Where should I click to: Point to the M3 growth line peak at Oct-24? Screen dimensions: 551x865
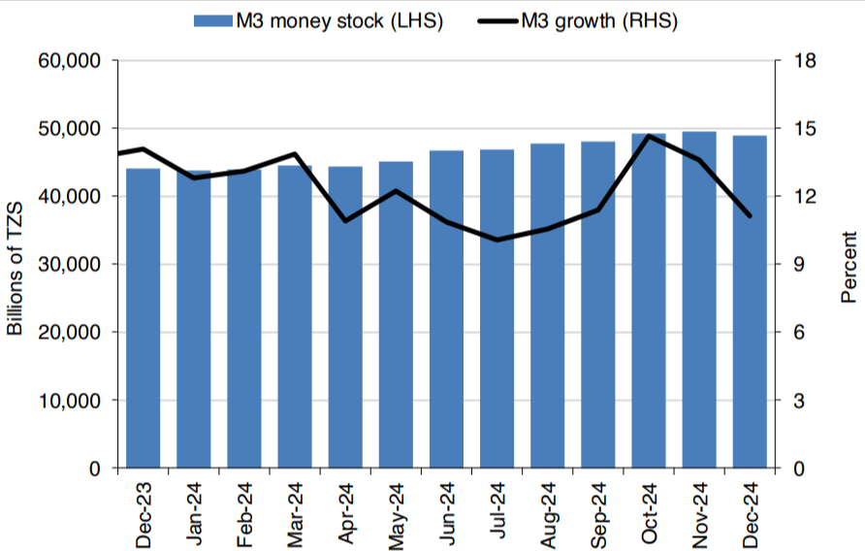[649, 136]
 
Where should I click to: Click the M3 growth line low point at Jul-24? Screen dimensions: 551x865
[497, 240]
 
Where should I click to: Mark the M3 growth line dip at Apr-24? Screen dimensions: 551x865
[345, 221]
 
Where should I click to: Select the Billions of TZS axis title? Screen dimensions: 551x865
[16, 265]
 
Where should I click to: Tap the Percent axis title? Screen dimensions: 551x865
[849, 267]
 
